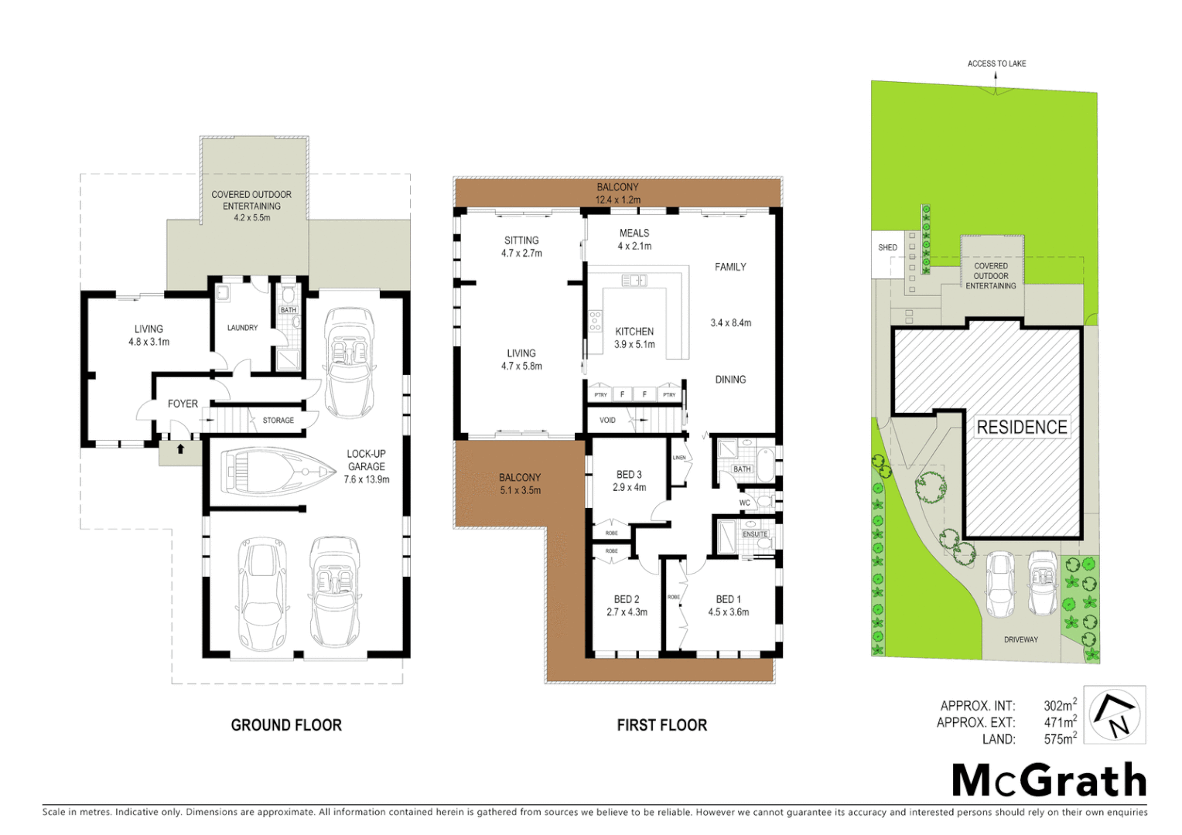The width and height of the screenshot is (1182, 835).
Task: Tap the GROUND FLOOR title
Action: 286,725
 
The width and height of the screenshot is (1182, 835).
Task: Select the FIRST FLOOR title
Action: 662,725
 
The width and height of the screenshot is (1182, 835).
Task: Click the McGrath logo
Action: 1049,780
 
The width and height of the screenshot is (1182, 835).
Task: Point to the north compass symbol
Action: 1115,715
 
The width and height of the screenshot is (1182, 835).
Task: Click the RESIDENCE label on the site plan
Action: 1022,428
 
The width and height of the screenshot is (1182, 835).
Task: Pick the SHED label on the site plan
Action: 887,248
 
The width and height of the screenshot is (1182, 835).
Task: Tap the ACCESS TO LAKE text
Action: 996,63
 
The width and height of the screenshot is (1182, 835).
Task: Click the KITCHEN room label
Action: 634,332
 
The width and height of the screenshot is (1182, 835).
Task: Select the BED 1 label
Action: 728,599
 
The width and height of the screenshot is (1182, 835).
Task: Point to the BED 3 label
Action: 629,475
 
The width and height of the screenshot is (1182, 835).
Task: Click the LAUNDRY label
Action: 242,328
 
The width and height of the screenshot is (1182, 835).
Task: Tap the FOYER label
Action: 183,404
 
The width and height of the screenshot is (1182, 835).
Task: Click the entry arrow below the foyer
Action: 180,448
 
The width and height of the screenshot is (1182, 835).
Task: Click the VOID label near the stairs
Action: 607,421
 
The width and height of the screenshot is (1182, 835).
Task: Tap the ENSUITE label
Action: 755,534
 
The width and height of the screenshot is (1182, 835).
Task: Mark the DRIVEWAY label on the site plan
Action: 1021,639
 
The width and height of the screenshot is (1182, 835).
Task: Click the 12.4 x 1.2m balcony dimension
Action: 617,199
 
